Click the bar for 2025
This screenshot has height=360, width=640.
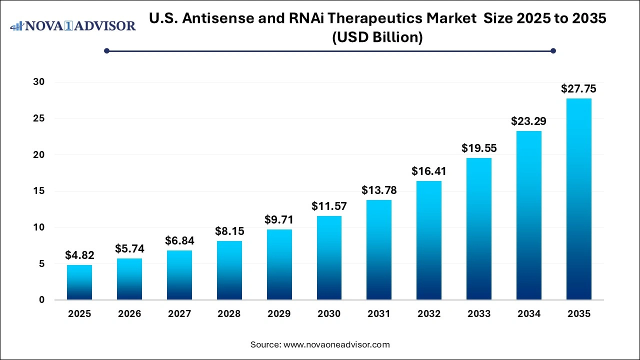click(79, 282)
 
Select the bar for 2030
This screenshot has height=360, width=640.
click(329, 258)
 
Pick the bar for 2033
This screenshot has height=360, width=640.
click(479, 229)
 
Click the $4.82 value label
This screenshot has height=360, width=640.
click(79, 255)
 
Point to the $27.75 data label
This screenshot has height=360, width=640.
click(578, 89)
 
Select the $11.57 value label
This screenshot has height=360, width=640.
click(329, 206)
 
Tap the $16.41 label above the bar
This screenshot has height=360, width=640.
click(429, 171)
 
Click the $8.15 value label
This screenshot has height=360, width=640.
click(229, 231)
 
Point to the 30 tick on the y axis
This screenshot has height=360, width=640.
click(38, 82)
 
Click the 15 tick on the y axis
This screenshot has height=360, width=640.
click(38, 191)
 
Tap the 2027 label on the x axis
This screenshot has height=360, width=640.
click(179, 314)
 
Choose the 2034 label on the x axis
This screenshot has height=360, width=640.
click(529, 314)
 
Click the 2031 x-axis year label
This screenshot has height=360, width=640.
click(379, 314)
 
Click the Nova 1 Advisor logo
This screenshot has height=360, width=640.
click(73, 25)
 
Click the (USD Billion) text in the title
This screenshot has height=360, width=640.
click(377, 37)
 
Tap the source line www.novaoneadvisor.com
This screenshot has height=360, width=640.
click(320, 344)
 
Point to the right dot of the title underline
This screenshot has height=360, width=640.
click(553, 50)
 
